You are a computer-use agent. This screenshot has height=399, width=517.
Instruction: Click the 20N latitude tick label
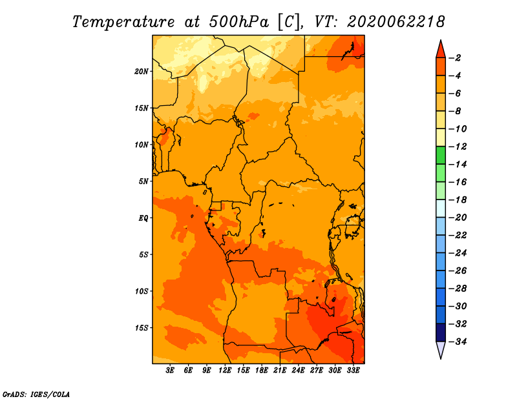coord(142,72)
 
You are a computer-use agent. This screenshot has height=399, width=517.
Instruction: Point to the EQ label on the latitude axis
coord(143,218)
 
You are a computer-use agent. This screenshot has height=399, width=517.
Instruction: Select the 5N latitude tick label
coord(143,181)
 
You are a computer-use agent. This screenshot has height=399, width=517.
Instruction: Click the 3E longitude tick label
coord(170,370)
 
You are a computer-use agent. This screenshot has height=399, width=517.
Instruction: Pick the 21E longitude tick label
coord(280,370)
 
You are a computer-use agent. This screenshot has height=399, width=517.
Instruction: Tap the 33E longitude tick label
coord(353,370)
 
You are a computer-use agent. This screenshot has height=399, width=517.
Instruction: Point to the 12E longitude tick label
coord(225,370)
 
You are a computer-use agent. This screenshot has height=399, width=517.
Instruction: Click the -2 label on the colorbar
coord(455,58)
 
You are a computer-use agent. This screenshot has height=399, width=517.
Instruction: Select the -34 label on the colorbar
coord(458,342)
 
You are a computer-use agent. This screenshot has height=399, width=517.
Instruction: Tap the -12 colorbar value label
coord(458,147)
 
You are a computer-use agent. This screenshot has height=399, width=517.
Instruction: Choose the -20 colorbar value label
coord(458,218)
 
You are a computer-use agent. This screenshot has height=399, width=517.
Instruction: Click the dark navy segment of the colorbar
coord(441,332)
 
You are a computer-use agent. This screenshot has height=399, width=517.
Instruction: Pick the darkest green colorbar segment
coord(441,155)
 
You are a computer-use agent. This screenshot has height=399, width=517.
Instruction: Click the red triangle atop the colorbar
coord(441,50)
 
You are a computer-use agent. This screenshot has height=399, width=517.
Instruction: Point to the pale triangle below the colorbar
coord(441,349)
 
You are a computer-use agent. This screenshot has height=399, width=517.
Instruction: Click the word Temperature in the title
coord(123,22)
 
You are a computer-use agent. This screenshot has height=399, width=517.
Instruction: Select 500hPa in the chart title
coord(239,22)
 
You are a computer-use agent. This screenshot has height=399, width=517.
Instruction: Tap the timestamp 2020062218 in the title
coord(396,22)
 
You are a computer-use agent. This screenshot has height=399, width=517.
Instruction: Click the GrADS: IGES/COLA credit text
coord(36,394)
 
